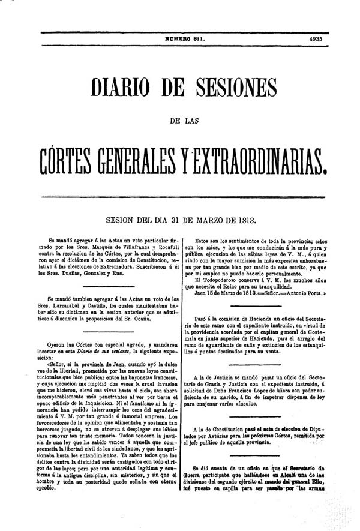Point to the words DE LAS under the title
tap(185, 122)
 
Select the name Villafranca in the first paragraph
tap(128, 247)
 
